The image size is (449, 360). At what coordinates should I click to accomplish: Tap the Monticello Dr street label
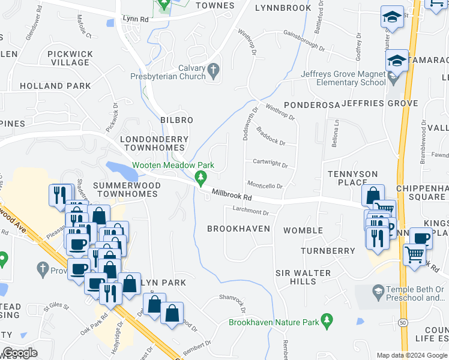click(x=264, y=186)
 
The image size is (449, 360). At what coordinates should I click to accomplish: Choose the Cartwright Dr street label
click(x=270, y=163)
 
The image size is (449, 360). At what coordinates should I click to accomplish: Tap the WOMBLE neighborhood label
click(x=303, y=230)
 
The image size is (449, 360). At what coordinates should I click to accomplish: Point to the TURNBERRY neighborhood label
click(x=328, y=250)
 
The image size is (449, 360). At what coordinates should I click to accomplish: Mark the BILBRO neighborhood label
click(x=176, y=120)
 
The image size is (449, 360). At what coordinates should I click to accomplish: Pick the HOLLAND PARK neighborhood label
click(x=55, y=86)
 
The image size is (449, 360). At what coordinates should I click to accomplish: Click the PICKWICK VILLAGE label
click(x=70, y=58)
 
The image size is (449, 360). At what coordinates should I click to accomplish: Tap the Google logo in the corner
click(x=20, y=353)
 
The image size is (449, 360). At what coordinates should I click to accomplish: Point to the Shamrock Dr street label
click(x=233, y=304)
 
